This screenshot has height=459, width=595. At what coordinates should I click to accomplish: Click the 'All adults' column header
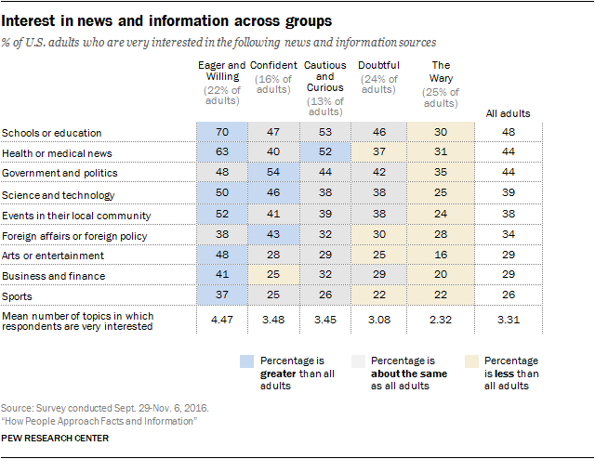point(509,113)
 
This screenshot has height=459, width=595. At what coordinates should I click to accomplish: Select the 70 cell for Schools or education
point(222,134)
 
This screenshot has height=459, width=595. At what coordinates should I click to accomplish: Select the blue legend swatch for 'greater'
point(246,360)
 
